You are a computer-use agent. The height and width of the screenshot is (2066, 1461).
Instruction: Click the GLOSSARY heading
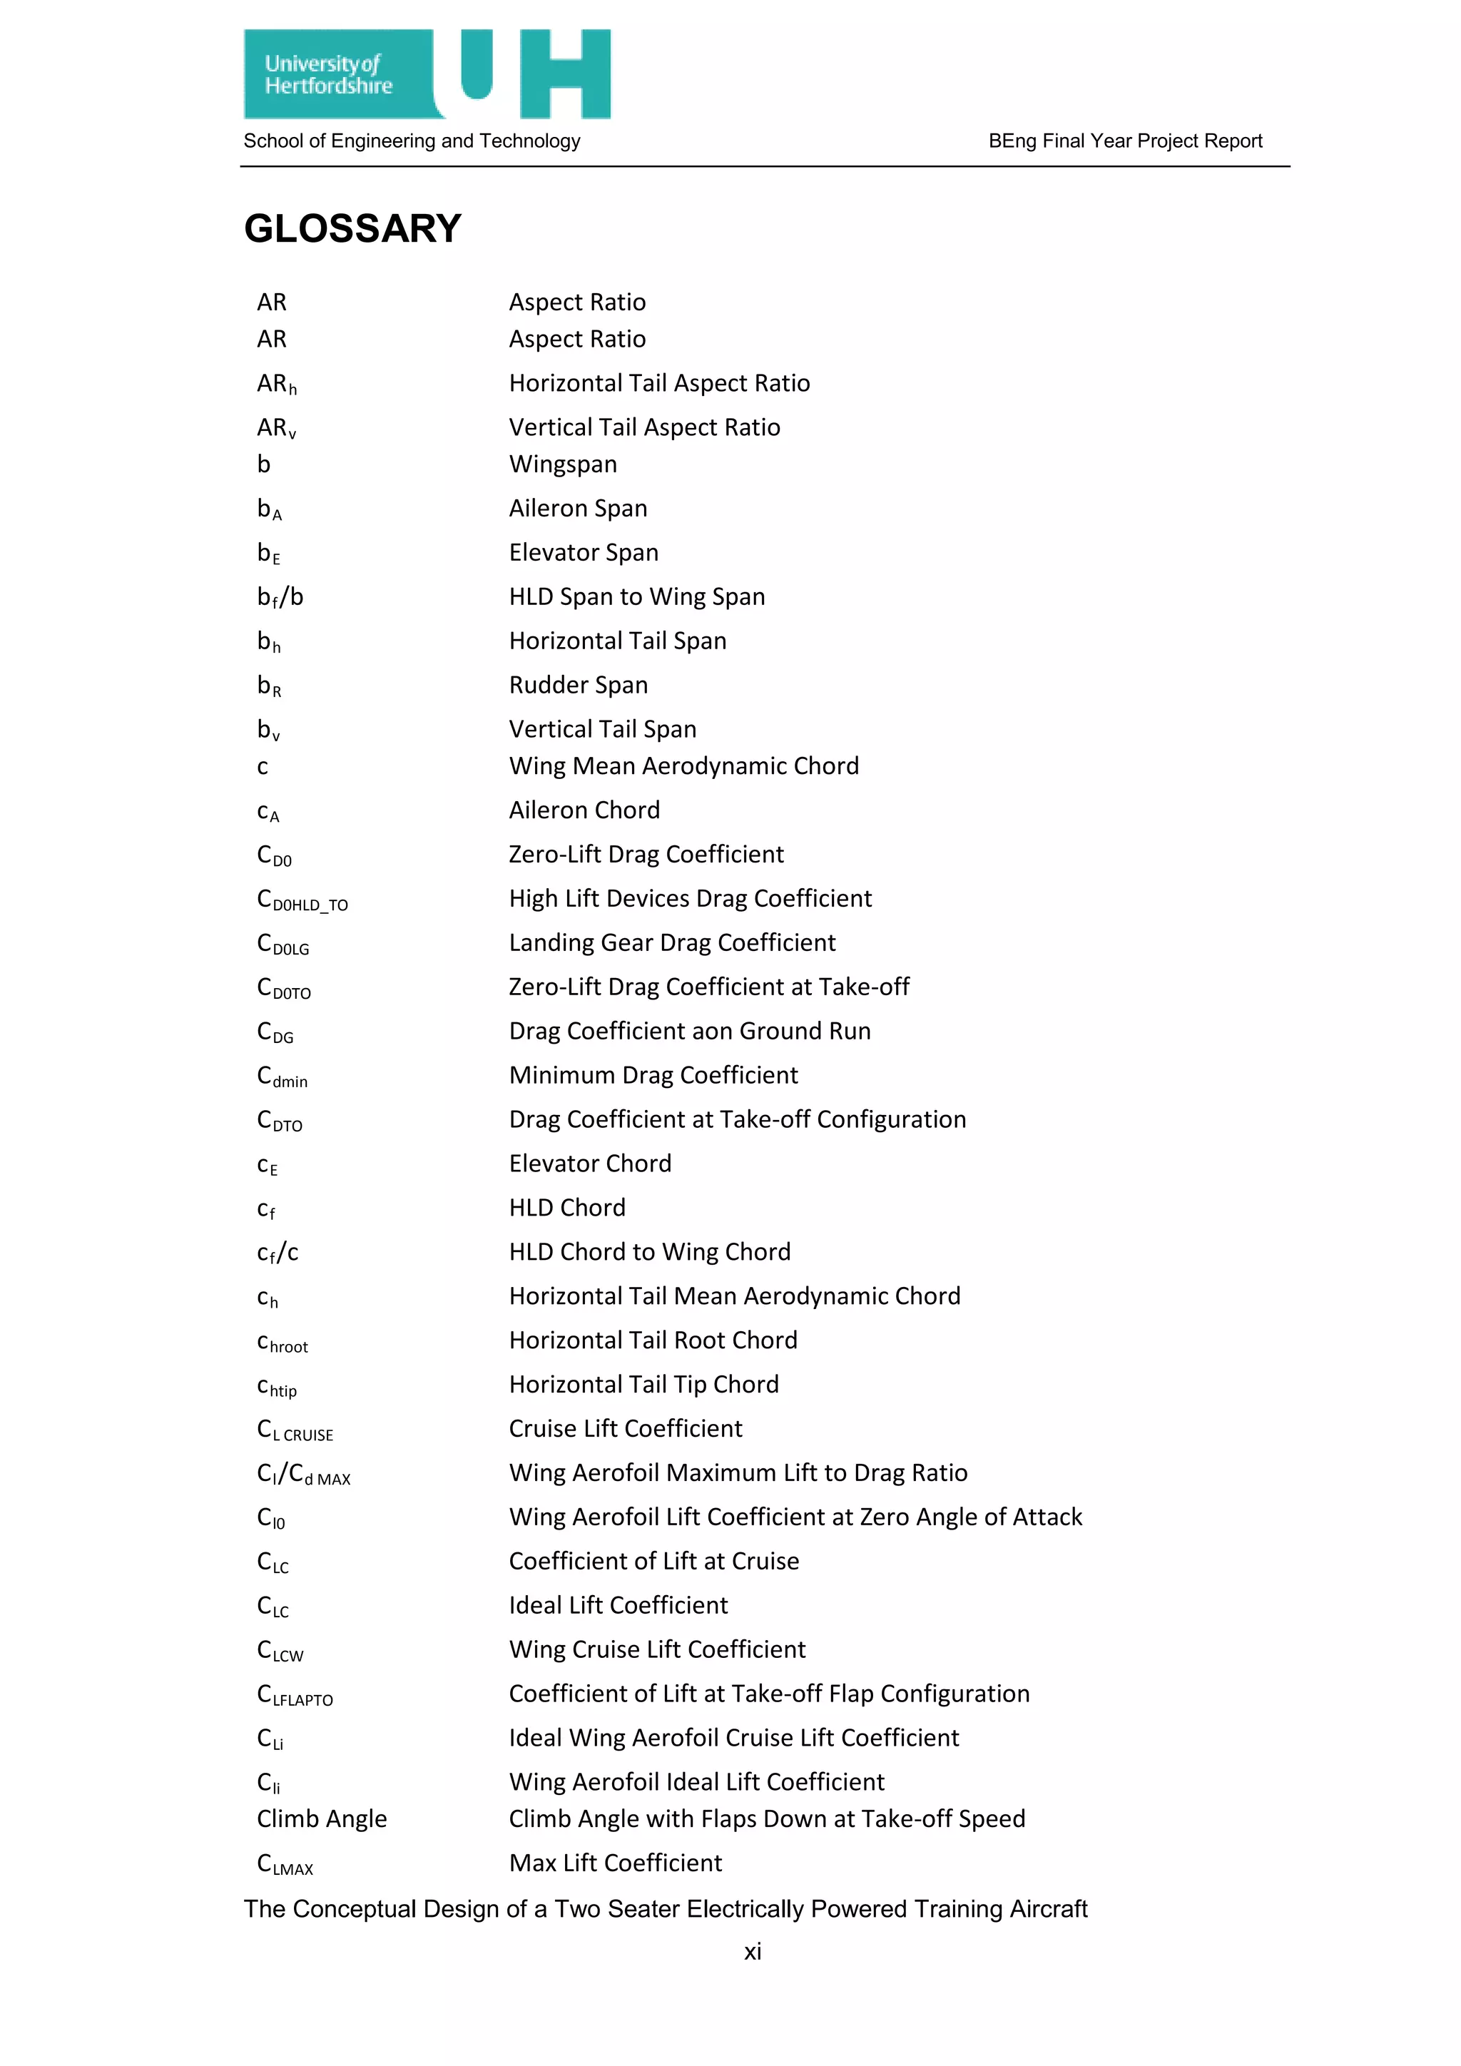click(x=352, y=228)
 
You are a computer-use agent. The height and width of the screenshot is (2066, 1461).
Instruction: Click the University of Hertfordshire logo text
click(x=328, y=75)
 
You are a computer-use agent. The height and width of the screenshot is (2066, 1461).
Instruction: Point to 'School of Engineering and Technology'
click(x=412, y=141)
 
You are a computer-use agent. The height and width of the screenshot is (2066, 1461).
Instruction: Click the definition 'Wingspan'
click(x=563, y=464)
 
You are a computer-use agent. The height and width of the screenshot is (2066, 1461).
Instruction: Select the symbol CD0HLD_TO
click(x=302, y=900)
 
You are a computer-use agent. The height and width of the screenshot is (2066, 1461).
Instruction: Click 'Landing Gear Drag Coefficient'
click(x=672, y=943)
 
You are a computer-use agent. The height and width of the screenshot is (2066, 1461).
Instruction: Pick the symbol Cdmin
click(x=282, y=1077)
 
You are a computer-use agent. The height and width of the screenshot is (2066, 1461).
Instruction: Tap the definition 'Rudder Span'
click(x=579, y=686)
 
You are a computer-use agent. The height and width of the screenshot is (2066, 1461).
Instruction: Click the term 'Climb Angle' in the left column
click(x=322, y=1818)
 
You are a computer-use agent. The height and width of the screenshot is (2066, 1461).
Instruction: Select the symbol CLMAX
click(x=285, y=1863)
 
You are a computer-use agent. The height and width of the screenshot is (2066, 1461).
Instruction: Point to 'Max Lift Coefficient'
click(x=616, y=1863)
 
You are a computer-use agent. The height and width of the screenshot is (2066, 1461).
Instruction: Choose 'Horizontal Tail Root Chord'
click(x=653, y=1340)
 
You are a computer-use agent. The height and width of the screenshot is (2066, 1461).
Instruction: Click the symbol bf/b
click(x=280, y=598)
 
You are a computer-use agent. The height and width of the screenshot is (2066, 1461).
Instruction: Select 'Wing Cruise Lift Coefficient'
click(x=658, y=1649)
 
